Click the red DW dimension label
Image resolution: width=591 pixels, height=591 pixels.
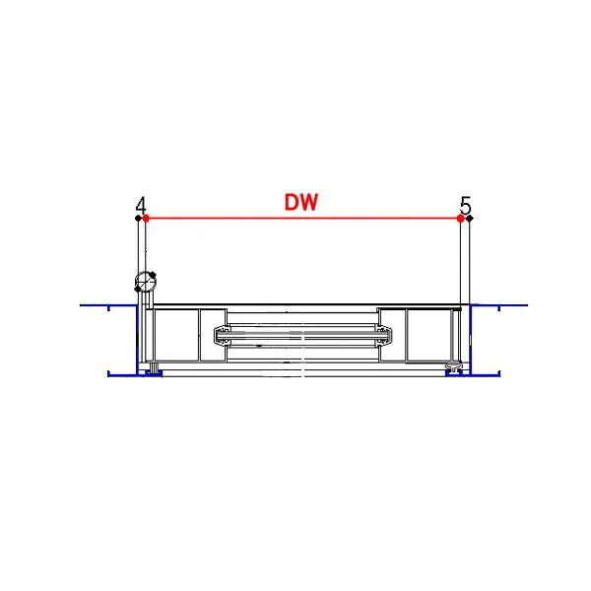pos(300,202)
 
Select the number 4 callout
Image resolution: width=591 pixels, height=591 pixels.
pos(141,206)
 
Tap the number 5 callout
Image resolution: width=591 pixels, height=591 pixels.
pos(466,206)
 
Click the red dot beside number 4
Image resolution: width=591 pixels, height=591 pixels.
pos(146,219)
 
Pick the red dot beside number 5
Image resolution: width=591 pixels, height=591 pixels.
pos(460,219)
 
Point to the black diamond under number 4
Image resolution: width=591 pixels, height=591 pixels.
pos(138,219)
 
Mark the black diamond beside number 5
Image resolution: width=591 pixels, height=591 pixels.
pos(470,219)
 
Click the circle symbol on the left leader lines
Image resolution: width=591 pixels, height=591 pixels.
pos(146,282)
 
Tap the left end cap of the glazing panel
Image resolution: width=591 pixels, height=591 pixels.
pos(223,335)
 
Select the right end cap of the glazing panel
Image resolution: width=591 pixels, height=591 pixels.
pos(384,335)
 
